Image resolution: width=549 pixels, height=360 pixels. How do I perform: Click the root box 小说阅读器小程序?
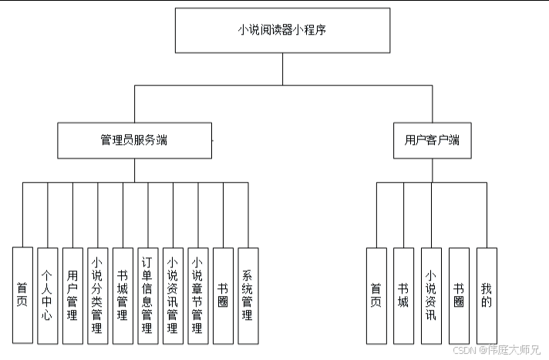[x=282, y=31]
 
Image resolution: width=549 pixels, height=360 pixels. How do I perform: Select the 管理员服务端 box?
[x=134, y=140]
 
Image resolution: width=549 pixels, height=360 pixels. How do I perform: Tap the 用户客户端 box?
[x=433, y=140]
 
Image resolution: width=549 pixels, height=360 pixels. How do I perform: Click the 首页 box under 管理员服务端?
[x=23, y=295]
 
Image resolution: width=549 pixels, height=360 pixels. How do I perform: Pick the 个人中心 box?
[x=48, y=296]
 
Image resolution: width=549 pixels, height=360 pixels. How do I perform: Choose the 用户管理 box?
[x=72, y=296]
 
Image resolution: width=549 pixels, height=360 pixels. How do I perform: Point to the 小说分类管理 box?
[x=98, y=296]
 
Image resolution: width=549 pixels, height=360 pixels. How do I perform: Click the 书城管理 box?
[x=123, y=296]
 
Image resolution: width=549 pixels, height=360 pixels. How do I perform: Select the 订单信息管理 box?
[x=148, y=296]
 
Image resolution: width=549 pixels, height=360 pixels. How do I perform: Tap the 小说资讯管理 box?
[x=173, y=296]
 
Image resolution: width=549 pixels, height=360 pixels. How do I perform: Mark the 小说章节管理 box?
[x=198, y=296]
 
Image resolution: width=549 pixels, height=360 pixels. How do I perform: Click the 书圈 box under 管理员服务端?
[x=223, y=296]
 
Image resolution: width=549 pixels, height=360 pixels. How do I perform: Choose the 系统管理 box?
[x=248, y=296]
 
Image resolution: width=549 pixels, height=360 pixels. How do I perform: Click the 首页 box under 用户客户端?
[x=377, y=296]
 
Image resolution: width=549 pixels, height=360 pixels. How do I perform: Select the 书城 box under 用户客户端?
[x=404, y=296]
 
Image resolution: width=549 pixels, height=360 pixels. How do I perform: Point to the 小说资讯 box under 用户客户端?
[x=431, y=296]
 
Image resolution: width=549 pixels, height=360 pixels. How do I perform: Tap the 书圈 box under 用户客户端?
[x=459, y=296]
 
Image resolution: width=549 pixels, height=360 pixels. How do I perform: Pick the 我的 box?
[x=487, y=296]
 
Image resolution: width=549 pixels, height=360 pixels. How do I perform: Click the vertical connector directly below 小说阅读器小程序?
[x=282, y=69]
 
